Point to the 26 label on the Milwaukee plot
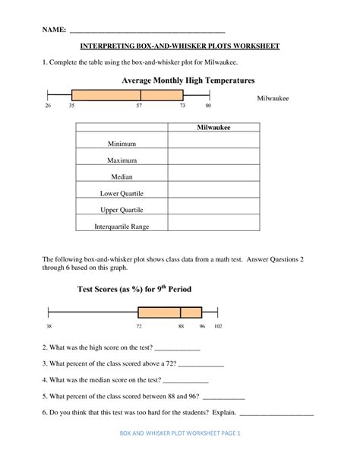[48, 107]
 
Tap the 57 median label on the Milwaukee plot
[141, 107]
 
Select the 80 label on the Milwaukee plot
[208, 107]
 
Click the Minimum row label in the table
[122, 142]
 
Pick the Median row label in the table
[122, 176]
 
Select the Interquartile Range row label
[122, 226]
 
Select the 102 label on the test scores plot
[218, 325]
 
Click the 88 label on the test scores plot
[181, 325]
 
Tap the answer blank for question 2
[177, 349]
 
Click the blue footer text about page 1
[180, 454]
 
